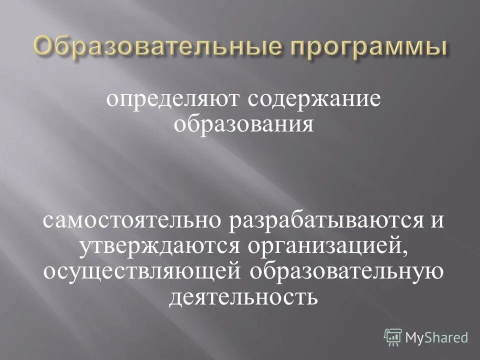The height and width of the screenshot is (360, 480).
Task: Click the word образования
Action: click(243, 124)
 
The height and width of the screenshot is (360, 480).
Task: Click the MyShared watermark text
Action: click(436, 336)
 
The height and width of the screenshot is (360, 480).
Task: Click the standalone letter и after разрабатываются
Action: click(437, 221)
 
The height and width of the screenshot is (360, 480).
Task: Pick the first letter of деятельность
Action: click(176, 299)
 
